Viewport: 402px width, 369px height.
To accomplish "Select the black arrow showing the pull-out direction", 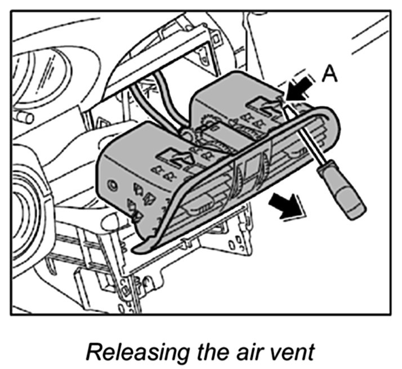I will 288,204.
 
